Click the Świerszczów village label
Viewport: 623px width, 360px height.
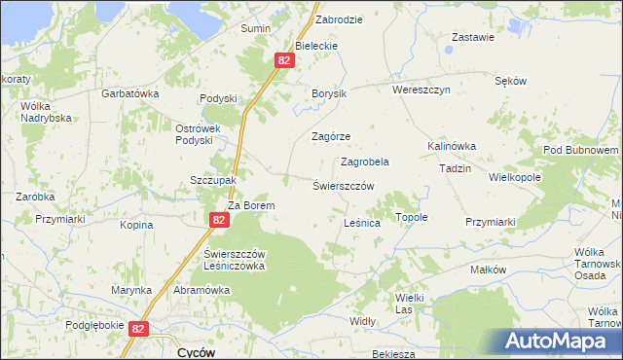344,185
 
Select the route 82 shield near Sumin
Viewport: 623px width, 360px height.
283,60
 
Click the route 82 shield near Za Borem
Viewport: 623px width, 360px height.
218,221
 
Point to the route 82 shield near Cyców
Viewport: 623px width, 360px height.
138,330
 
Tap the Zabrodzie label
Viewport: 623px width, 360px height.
339,18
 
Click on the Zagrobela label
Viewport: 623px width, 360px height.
365,162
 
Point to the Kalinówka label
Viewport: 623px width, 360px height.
451,146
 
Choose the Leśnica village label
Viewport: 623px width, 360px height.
362,223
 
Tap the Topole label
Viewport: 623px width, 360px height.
411,217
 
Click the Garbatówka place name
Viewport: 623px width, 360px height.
130,93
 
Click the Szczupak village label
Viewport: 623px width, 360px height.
213,180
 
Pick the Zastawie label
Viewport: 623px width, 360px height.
473,38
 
